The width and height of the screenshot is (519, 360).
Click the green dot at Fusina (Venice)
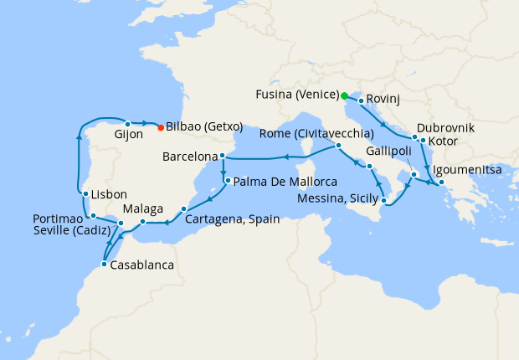point(344,95)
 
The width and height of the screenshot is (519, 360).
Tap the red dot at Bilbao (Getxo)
point(160,127)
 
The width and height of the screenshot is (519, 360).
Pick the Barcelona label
point(189,157)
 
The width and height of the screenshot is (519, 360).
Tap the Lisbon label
point(109,192)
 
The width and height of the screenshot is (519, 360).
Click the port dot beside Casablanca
point(103,265)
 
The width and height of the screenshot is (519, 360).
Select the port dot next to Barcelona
point(222,157)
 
